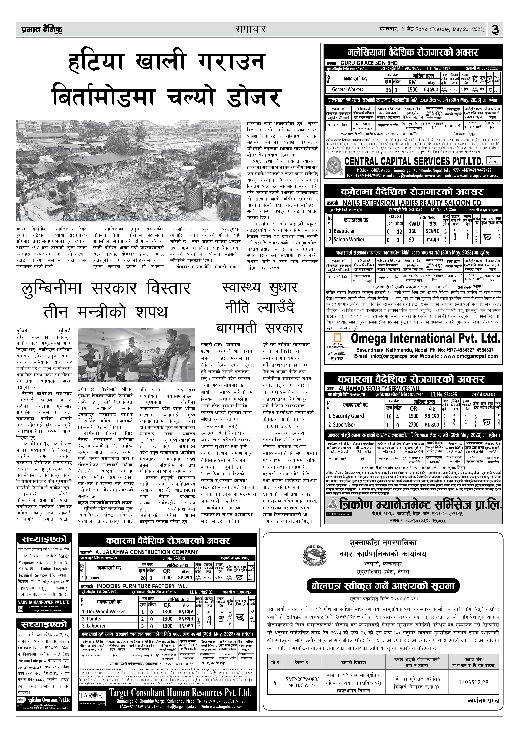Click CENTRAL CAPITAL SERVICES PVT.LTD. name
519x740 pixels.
tap(414, 161)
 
